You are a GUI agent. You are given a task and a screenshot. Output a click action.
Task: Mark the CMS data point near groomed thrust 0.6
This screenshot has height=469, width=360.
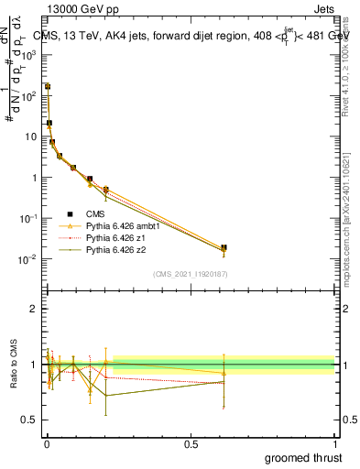pyautogui.click(x=224, y=247)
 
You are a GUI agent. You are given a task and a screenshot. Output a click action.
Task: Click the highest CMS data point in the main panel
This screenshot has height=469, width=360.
pyautogui.click(x=48, y=86)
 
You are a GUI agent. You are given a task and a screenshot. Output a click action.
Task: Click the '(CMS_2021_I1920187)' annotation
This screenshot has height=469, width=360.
pyautogui.click(x=191, y=274)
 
